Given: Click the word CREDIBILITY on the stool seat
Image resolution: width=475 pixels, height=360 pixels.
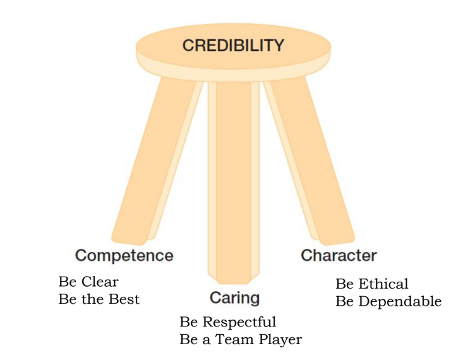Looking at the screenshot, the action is coord(233,45).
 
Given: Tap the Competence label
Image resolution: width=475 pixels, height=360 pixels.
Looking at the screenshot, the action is coord(124,256).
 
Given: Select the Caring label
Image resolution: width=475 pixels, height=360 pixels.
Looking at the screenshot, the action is coord(234,297).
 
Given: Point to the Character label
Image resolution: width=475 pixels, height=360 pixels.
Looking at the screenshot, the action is coord(339,256).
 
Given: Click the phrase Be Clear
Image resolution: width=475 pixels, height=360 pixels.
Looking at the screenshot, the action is coord(88,281).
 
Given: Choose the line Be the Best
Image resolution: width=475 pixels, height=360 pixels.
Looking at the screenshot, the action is coord(99,299).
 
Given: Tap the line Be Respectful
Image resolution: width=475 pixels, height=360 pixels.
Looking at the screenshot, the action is coord(228,322).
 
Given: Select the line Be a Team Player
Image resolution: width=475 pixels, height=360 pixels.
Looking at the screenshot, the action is coord(241,340).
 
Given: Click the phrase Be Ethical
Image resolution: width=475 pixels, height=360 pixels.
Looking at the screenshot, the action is coord(372,284).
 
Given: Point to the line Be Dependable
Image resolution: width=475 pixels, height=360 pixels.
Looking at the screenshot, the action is coord(388,302).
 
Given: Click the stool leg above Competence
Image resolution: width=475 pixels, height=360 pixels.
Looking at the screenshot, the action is coord(155,158).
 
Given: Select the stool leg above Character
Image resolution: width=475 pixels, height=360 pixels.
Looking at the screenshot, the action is coord(310,158).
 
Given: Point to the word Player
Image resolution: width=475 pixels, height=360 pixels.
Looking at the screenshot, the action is coord(280,340).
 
